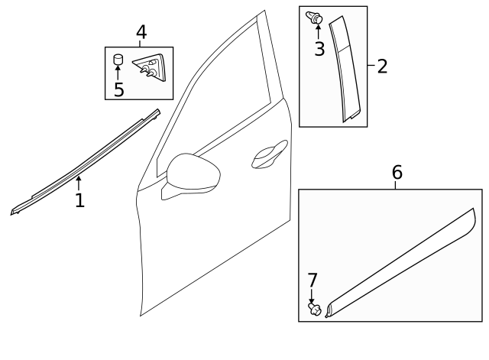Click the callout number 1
click(79, 200)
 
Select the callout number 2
click(382, 66)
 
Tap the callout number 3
click(319, 49)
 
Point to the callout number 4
click(141, 32)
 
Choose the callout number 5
click(118, 89)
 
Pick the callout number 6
click(397, 172)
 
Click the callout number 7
click(311, 281)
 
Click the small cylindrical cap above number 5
click(118, 60)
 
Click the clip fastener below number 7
click(313, 310)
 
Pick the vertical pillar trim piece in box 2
click(345, 69)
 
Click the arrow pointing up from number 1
click(79, 182)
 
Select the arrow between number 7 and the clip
click(311, 296)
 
